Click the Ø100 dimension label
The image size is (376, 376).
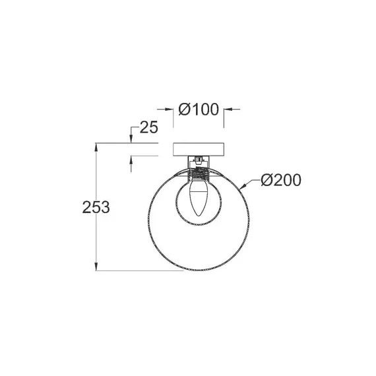tap(199, 110)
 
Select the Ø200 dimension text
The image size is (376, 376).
tap(280, 180)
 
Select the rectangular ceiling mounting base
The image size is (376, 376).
tap(199, 149)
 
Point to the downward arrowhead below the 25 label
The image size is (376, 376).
tap(131, 139)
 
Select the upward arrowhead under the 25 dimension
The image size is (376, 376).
tap(131, 160)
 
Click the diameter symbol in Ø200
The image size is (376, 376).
tap(265, 180)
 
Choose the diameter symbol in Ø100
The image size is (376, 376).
tap(184, 110)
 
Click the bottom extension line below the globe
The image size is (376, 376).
tap(145, 270)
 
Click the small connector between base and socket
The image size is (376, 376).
tap(199, 160)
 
